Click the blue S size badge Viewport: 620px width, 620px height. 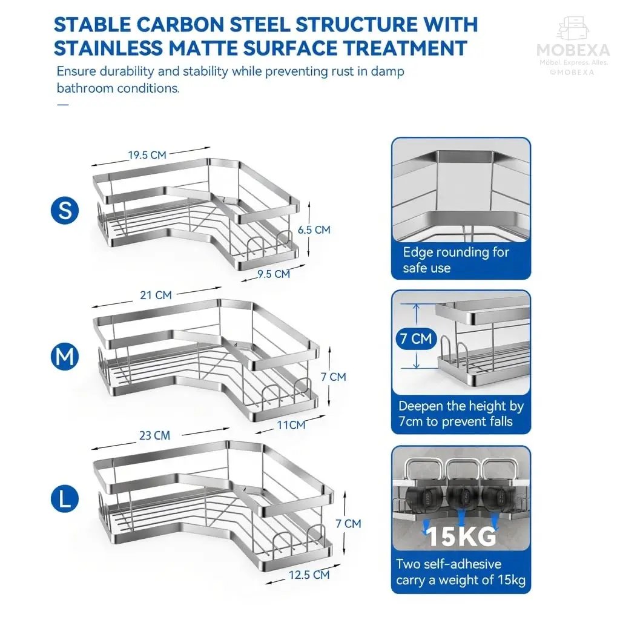65,210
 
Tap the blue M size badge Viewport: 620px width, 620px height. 65,357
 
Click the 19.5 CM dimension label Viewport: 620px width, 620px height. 147,155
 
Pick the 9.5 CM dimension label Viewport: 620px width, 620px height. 274,274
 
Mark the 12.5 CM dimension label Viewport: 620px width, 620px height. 309,575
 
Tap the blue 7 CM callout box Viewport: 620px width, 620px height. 415,338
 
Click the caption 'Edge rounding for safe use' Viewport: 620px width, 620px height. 457,260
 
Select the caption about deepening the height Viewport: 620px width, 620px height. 460,414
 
